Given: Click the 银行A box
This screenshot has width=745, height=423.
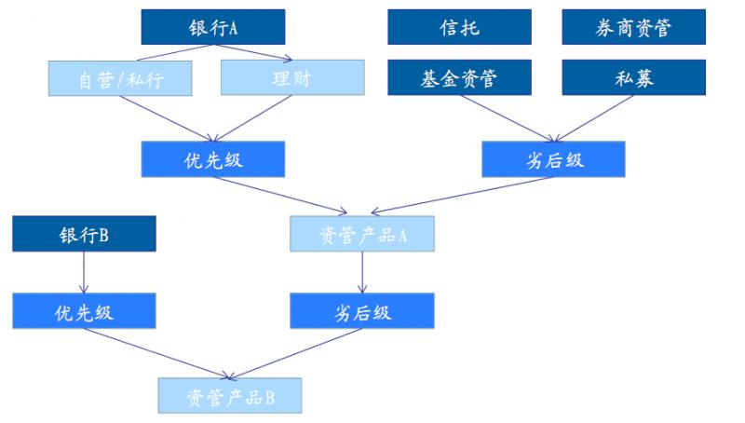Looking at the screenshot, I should click(213, 27).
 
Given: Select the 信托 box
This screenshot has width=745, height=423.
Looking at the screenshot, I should click(459, 27).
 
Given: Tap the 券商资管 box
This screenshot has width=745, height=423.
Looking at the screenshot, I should click(634, 27).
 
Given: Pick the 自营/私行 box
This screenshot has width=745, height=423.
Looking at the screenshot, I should click(121, 78).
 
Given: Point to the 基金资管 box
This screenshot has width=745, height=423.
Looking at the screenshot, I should click(459, 77).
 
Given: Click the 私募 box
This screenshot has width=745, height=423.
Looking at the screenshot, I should click(634, 77).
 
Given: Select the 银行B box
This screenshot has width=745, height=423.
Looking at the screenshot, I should click(84, 234).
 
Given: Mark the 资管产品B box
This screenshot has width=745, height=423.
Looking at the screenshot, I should click(230, 396).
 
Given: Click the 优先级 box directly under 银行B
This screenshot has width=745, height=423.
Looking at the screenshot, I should click(84, 311).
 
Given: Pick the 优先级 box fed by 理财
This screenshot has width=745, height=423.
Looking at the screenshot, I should click(213, 159).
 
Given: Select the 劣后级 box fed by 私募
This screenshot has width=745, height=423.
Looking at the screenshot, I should click(554, 159).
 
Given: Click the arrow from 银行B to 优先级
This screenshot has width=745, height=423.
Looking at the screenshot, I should click(84, 272).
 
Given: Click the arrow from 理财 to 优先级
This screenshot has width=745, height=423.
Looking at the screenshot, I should click(251, 118).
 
